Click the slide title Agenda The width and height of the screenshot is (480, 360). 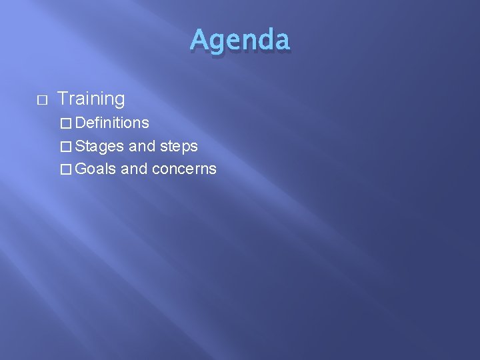coord(239,40)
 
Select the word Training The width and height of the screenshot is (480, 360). coord(91,99)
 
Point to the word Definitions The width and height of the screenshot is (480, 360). coord(112,123)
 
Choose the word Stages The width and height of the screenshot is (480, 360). coord(99,146)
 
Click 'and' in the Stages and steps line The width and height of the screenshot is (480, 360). coord(141,146)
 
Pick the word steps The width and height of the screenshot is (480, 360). coord(179,146)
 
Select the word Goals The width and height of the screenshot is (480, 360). coord(96,169)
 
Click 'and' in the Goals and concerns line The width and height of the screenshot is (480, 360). coord(135,169)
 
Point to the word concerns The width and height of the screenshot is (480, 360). coord(184,169)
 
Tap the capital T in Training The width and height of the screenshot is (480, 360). coord(62,99)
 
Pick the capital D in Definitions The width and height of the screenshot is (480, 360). coord(81,123)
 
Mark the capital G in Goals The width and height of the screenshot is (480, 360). coord(81,169)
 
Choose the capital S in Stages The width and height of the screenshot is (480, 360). coord(81,146)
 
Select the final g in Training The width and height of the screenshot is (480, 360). coord(119,101)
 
